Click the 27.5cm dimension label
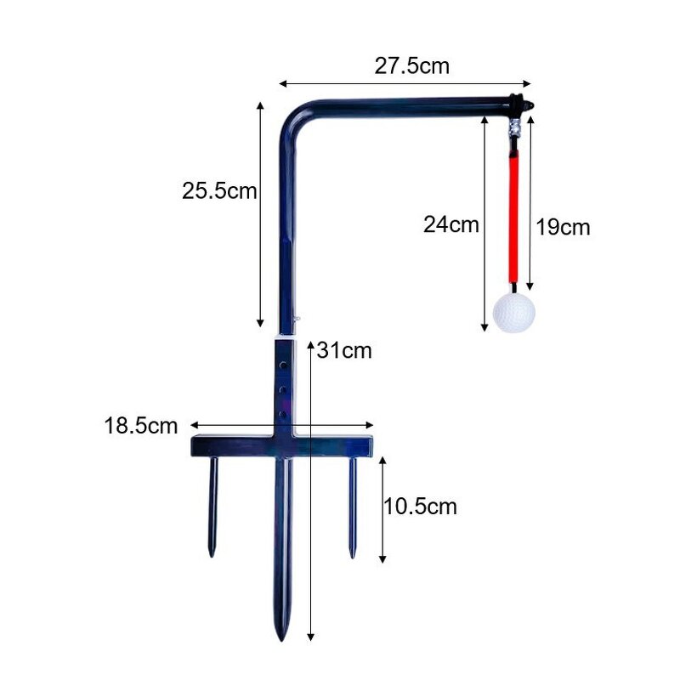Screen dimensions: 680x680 (411, 66)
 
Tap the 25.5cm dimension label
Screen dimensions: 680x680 (218, 190)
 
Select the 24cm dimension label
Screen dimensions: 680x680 (451, 225)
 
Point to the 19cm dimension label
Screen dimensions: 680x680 (563, 227)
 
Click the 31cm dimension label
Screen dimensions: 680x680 (343, 350)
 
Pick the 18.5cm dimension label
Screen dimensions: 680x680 (141, 425)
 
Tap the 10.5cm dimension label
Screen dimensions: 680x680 (420, 507)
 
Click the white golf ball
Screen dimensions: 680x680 (514, 312)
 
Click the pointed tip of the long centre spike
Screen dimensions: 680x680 (283, 633)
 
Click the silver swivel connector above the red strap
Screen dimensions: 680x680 (514, 130)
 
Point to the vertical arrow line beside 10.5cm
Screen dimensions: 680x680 (383, 508)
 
